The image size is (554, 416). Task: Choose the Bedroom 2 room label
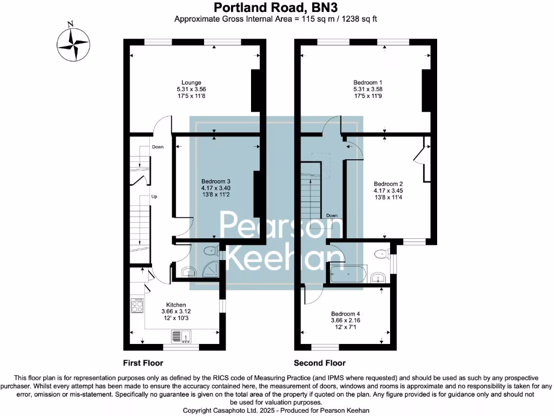(388, 184)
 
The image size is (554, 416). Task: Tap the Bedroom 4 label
(345, 314)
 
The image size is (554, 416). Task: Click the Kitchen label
(176, 304)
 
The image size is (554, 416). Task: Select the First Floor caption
(142, 363)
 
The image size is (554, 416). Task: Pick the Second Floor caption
(319, 363)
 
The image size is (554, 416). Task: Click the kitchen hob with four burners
(136, 307)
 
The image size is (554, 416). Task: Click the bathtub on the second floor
(348, 275)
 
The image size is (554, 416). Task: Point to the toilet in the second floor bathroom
(382, 253)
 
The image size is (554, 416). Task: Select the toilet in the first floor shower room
(209, 251)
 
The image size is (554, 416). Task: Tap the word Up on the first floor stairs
(154, 196)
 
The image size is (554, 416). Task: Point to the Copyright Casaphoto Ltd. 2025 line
(276, 410)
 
